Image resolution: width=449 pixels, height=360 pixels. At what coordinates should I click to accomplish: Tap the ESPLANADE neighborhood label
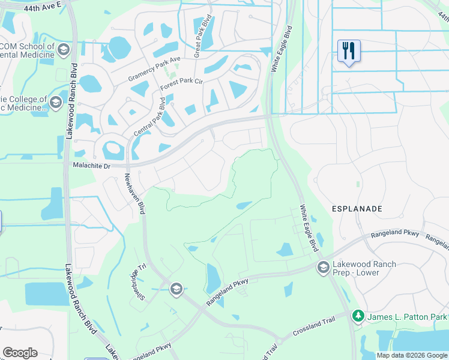tap(357, 208)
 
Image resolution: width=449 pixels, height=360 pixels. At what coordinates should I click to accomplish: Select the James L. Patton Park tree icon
tap(358, 315)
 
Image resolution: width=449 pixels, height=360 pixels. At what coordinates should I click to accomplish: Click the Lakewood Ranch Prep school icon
tap(323, 266)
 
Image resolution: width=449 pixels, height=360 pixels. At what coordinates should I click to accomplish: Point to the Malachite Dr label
tap(92, 164)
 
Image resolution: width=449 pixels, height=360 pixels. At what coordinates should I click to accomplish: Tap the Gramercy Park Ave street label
tap(154, 70)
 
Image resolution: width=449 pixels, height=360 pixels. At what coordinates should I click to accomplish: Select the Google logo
tap(20, 353)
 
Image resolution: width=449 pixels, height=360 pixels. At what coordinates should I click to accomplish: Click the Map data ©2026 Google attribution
tap(412, 355)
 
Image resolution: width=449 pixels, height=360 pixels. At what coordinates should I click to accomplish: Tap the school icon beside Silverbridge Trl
tap(176, 289)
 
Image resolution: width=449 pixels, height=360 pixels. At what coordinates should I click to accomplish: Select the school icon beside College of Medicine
tap(56, 102)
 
